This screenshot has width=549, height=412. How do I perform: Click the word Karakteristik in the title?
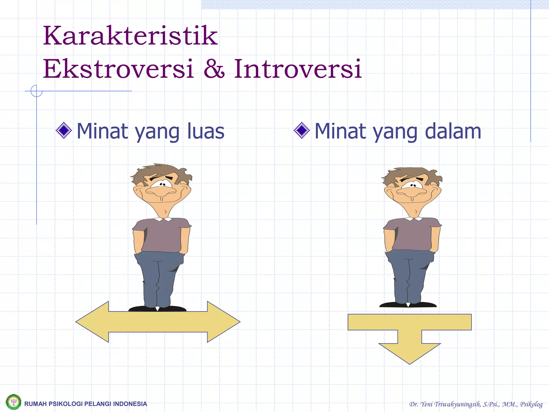(x=130, y=36)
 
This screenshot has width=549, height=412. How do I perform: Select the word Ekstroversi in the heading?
(x=118, y=69)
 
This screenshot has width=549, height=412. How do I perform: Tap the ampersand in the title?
(x=214, y=69)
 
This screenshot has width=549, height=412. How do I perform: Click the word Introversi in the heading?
(x=298, y=69)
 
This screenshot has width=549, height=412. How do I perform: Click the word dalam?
(x=453, y=131)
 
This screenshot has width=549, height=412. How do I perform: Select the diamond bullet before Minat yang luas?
(x=64, y=130)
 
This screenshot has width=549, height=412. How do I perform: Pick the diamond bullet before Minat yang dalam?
(x=302, y=130)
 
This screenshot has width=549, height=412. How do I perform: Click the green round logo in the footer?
(x=13, y=402)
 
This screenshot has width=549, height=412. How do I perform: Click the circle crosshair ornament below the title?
(x=36, y=91)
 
